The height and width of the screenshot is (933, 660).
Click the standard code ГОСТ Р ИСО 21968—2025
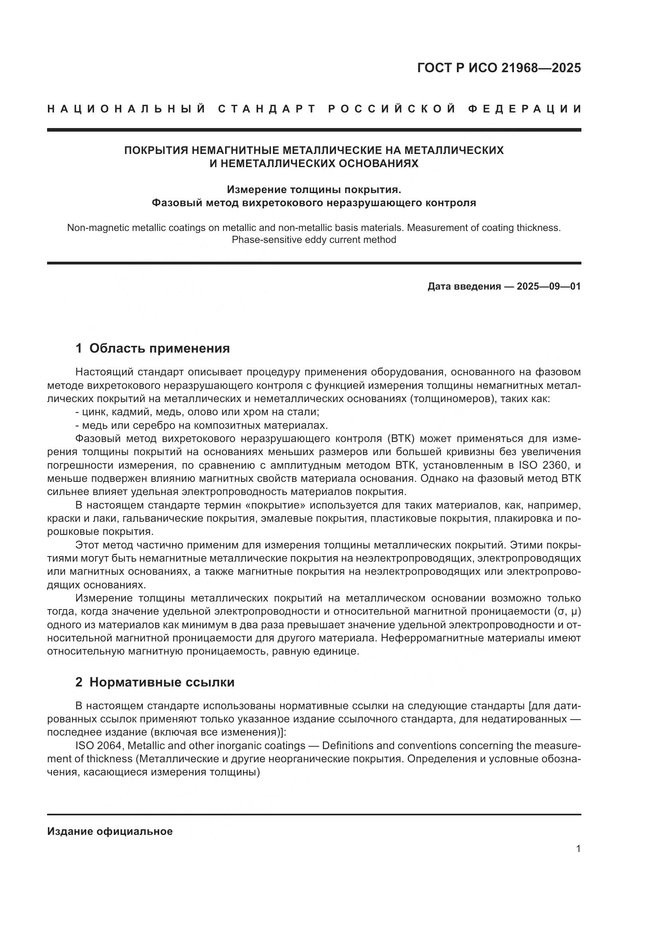[499, 68]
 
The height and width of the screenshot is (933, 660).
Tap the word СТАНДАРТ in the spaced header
[267, 109]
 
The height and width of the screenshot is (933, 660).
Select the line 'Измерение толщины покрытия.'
[314, 189]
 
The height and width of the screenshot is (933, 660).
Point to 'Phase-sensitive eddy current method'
[314, 240]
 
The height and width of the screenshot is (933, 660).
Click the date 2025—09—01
[549, 286]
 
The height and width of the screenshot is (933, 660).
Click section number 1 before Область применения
[79, 348]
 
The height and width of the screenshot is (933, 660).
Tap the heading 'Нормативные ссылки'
[162, 682]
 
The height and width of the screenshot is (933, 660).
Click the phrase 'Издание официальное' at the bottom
[110, 831]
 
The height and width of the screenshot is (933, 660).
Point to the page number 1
[578, 848]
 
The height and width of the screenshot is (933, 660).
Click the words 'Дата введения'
[464, 286]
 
